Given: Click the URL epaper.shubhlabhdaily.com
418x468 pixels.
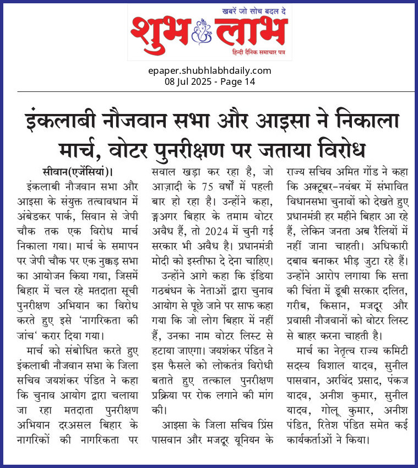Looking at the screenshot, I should click(x=209, y=70).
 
